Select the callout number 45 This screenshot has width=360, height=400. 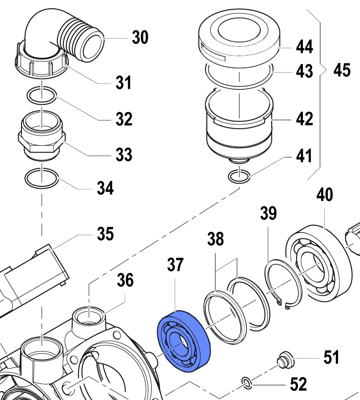point(341,70)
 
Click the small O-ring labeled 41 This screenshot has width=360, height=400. point(240,176)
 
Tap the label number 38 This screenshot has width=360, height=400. point(215,239)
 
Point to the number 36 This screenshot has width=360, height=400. point(125,281)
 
